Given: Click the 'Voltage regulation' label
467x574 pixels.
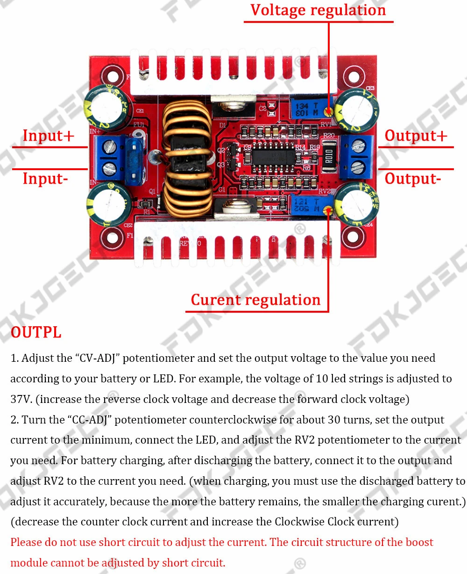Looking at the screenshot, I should (318, 11).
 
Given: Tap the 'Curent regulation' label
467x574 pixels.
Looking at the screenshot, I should (255, 300).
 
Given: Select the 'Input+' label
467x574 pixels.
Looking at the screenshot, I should (48, 136).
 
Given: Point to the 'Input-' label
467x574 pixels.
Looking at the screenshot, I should (45, 179).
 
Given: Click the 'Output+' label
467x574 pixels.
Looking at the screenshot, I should (416, 136).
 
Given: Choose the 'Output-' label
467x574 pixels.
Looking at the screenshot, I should (412, 179).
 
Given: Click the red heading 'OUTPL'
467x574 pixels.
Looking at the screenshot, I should (36, 332).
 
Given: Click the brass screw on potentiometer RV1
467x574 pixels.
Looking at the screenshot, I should (329, 111).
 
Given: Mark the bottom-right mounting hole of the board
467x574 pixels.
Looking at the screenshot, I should (357, 237).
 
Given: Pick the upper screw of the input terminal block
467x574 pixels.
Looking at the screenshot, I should (111, 146).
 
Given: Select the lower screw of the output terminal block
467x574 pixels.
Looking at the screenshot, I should (357, 165).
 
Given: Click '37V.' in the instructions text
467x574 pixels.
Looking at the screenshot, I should (21, 400).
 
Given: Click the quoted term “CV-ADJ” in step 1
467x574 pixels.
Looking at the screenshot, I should (97, 359).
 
